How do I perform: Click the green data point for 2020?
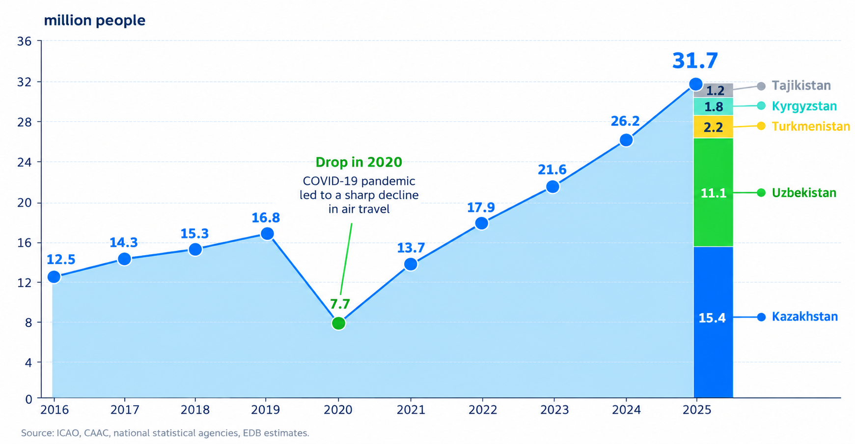pyautogui.click(x=338, y=323)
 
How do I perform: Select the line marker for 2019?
pyautogui.click(x=267, y=234)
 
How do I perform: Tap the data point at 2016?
pyautogui.click(x=54, y=277)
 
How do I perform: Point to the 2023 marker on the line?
pyautogui.click(x=552, y=187)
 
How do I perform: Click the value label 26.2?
pyautogui.click(x=625, y=121)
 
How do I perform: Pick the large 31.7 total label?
pyautogui.click(x=695, y=61)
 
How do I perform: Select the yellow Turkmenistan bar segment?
pyautogui.click(x=713, y=127)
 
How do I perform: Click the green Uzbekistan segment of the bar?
pyautogui.click(x=713, y=192)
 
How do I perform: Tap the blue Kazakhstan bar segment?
pyautogui.click(x=713, y=322)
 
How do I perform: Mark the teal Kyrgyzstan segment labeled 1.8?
pyautogui.click(x=713, y=107)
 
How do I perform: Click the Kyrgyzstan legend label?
pyautogui.click(x=804, y=106)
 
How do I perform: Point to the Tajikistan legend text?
pyautogui.click(x=801, y=86)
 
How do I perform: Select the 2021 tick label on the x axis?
pyautogui.click(x=411, y=410)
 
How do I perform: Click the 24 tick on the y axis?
pyautogui.click(x=24, y=162)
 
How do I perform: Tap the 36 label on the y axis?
pyautogui.click(x=24, y=41)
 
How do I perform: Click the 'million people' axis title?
pyautogui.click(x=95, y=21)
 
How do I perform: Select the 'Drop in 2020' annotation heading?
pyautogui.click(x=359, y=162)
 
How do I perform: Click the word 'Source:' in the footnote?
pyautogui.click(x=37, y=433)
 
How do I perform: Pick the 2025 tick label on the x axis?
pyautogui.click(x=697, y=410)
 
